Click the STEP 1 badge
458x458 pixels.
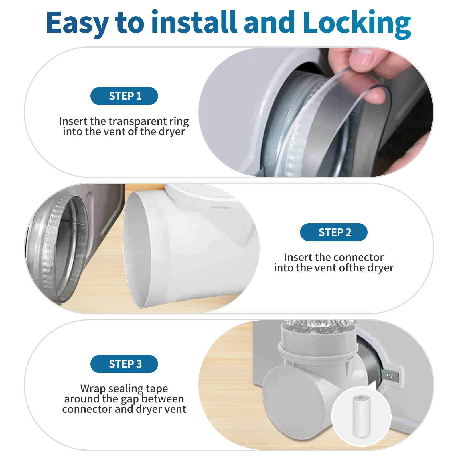coord(124,96)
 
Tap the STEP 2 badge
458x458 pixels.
coord(333,232)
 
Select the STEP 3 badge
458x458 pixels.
coord(124,364)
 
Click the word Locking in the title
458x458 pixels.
coord(357,23)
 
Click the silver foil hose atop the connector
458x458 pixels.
coord(318,326)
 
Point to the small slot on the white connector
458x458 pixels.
coord(220,207)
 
